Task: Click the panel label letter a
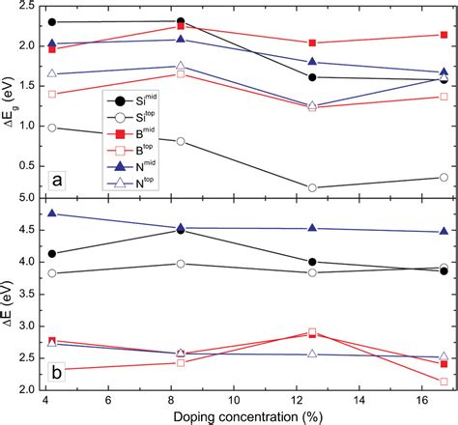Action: pyautogui.click(x=59, y=180)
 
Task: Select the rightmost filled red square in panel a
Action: pyautogui.click(x=444, y=35)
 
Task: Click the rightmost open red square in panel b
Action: pyautogui.click(x=444, y=382)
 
